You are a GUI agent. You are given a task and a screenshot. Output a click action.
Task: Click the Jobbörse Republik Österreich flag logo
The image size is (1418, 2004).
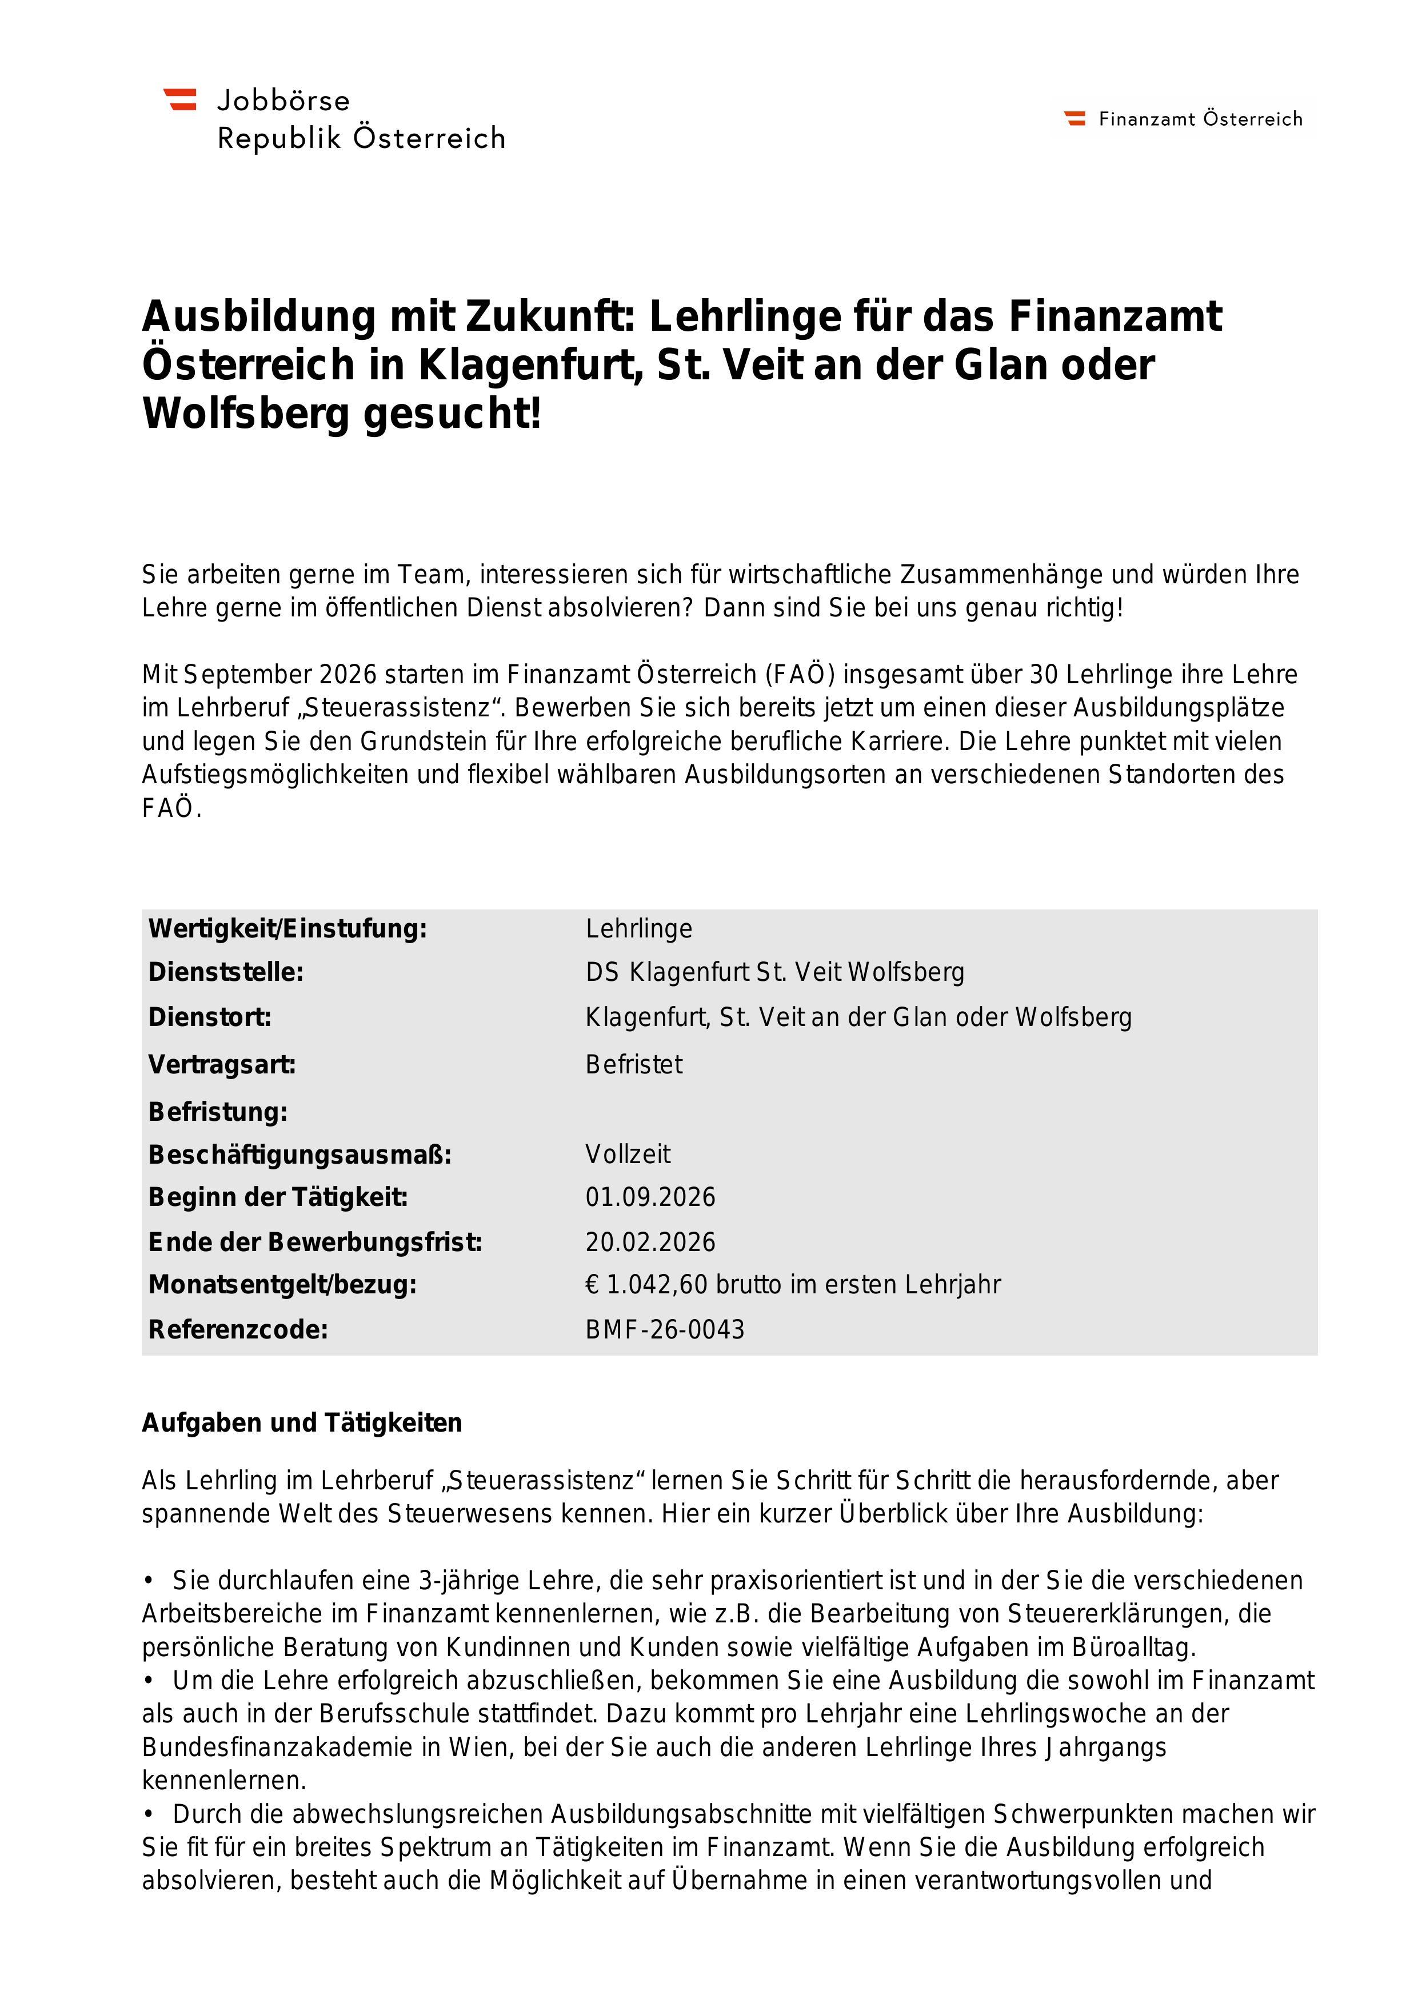click(x=180, y=99)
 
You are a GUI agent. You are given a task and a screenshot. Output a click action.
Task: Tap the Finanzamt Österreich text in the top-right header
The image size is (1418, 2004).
click(x=1200, y=119)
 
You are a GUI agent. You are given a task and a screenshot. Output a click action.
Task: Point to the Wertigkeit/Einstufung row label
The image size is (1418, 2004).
click(x=287, y=929)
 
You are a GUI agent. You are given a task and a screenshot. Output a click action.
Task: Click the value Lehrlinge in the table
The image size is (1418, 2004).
click(x=638, y=929)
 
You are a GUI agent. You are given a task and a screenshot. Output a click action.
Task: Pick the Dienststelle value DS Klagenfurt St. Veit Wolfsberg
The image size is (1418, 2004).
click(x=774, y=972)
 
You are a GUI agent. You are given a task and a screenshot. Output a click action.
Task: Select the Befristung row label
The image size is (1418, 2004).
click(x=217, y=1112)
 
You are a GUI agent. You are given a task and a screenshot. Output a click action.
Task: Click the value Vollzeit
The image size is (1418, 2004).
click(x=628, y=1155)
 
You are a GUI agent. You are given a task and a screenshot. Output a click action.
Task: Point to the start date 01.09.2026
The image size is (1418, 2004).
click(x=650, y=1197)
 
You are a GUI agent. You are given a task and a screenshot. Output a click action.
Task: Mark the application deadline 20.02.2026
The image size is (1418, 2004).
click(x=650, y=1242)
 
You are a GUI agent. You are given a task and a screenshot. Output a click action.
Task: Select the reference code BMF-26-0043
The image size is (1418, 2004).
click(x=665, y=1330)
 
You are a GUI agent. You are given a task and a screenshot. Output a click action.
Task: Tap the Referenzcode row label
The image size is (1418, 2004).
click(x=238, y=1330)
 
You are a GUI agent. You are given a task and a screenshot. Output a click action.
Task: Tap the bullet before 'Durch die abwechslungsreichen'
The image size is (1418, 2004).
click(x=149, y=1814)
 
